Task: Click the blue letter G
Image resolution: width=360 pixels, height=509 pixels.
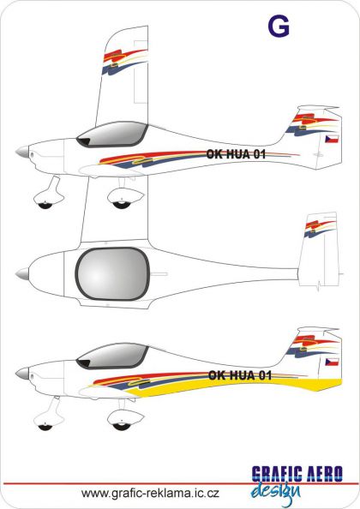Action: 279,26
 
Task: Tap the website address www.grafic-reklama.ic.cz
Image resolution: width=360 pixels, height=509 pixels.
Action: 150,493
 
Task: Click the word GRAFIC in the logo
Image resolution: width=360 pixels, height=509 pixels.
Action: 277,474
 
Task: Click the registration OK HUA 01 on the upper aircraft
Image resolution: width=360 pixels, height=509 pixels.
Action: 236,154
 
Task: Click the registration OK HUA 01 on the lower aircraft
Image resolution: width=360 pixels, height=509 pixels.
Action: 240,375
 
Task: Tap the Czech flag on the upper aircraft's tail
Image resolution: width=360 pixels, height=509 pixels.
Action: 332,139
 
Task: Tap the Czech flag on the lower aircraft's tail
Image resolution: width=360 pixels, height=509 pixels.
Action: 332,362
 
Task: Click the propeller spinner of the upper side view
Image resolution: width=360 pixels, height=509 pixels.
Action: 22,152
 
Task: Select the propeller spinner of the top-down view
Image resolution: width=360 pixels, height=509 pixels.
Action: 22,273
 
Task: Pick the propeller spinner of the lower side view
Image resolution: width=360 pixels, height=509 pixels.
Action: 22,374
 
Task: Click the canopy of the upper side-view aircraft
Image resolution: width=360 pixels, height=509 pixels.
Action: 112,135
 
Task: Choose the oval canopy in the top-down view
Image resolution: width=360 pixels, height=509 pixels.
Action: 112,273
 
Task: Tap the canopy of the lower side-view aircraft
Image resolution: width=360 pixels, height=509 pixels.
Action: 112,356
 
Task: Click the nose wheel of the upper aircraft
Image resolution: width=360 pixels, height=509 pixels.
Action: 45,205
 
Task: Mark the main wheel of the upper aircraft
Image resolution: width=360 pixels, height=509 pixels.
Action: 121,205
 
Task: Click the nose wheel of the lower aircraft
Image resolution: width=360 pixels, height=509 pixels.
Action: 45,427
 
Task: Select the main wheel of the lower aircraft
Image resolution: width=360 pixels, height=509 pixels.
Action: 121,427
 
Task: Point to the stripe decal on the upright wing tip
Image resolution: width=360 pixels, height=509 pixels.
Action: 124,62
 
